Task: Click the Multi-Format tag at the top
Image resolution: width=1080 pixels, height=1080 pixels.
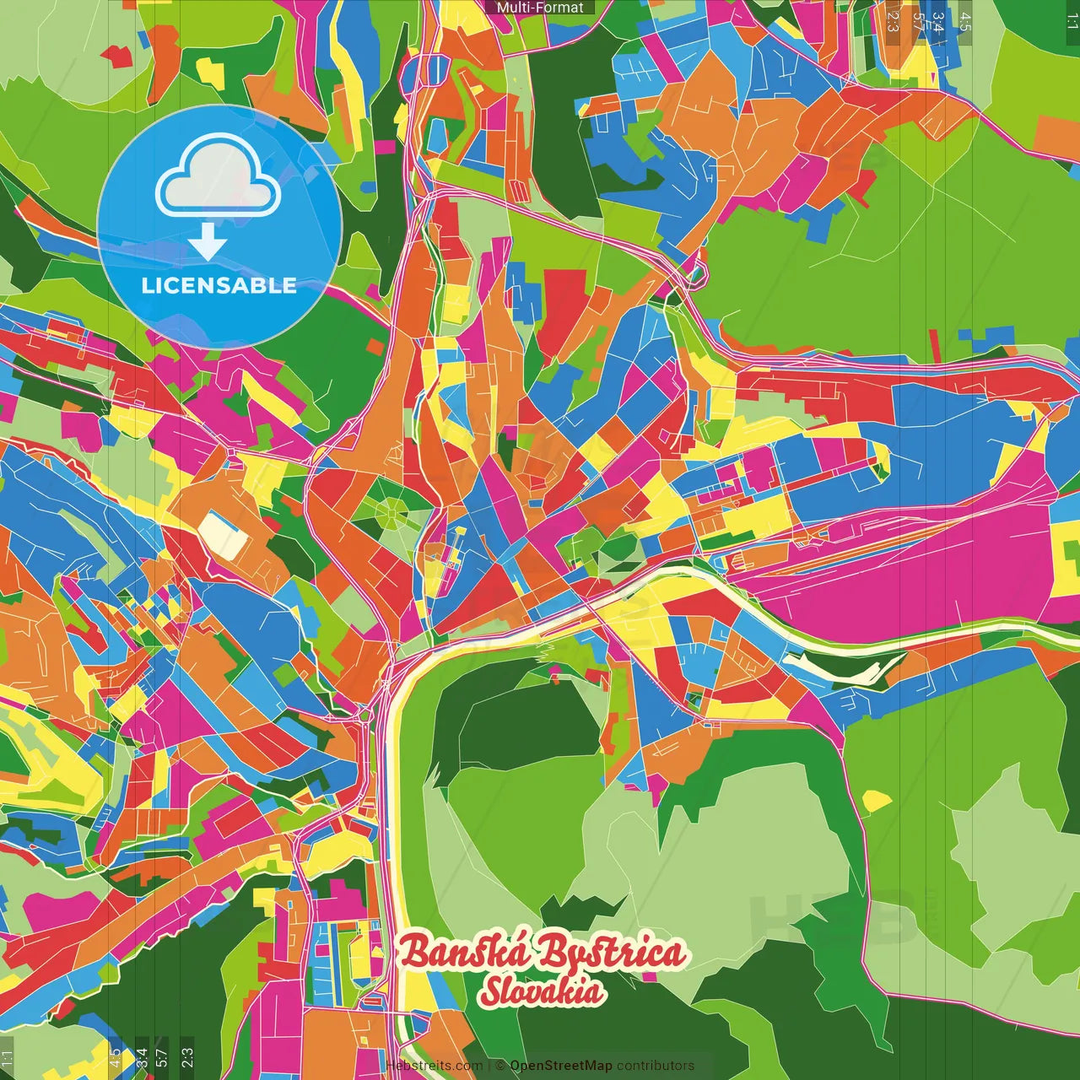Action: click(539, 8)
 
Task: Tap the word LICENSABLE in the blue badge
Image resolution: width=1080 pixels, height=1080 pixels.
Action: click(219, 285)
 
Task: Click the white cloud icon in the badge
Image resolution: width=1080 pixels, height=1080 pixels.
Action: click(218, 178)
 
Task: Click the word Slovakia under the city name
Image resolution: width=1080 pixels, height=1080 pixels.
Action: click(542, 992)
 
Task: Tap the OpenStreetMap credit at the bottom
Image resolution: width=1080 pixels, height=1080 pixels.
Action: click(560, 1066)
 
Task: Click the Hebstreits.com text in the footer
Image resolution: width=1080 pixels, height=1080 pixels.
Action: click(435, 1066)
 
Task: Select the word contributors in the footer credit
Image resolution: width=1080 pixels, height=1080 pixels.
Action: click(656, 1066)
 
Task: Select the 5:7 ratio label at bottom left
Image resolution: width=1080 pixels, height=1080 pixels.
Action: click(162, 1056)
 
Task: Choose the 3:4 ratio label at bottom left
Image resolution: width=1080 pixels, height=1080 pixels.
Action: click(141, 1056)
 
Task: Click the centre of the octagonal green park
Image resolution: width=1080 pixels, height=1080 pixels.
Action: click(391, 511)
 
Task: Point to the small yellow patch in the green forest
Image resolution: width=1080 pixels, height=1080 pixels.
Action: click(877, 800)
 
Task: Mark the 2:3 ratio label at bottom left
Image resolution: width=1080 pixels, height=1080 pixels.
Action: click(187, 1056)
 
